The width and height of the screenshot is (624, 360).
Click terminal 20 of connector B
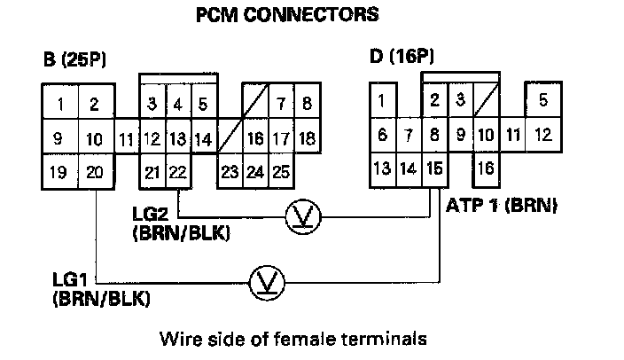click(x=94, y=172)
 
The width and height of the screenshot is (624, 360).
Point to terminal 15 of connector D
click(x=434, y=168)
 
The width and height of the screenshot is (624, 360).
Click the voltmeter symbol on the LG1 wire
click(x=263, y=281)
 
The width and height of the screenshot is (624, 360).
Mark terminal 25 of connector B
click(x=281, y=172)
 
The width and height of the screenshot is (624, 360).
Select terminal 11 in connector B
click(x=126, y=139)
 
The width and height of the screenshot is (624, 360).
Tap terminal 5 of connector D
click(x=542, y=100)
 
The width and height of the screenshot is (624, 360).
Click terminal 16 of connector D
click(x=486, y=168)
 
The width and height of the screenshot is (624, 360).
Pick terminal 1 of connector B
click(x=59, y=106)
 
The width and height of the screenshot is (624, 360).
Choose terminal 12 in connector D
click(x=542, y=135)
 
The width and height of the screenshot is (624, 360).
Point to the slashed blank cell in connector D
click(x=486, y=100)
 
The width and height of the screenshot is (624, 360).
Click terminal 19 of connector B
click(x=59, y=172)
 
